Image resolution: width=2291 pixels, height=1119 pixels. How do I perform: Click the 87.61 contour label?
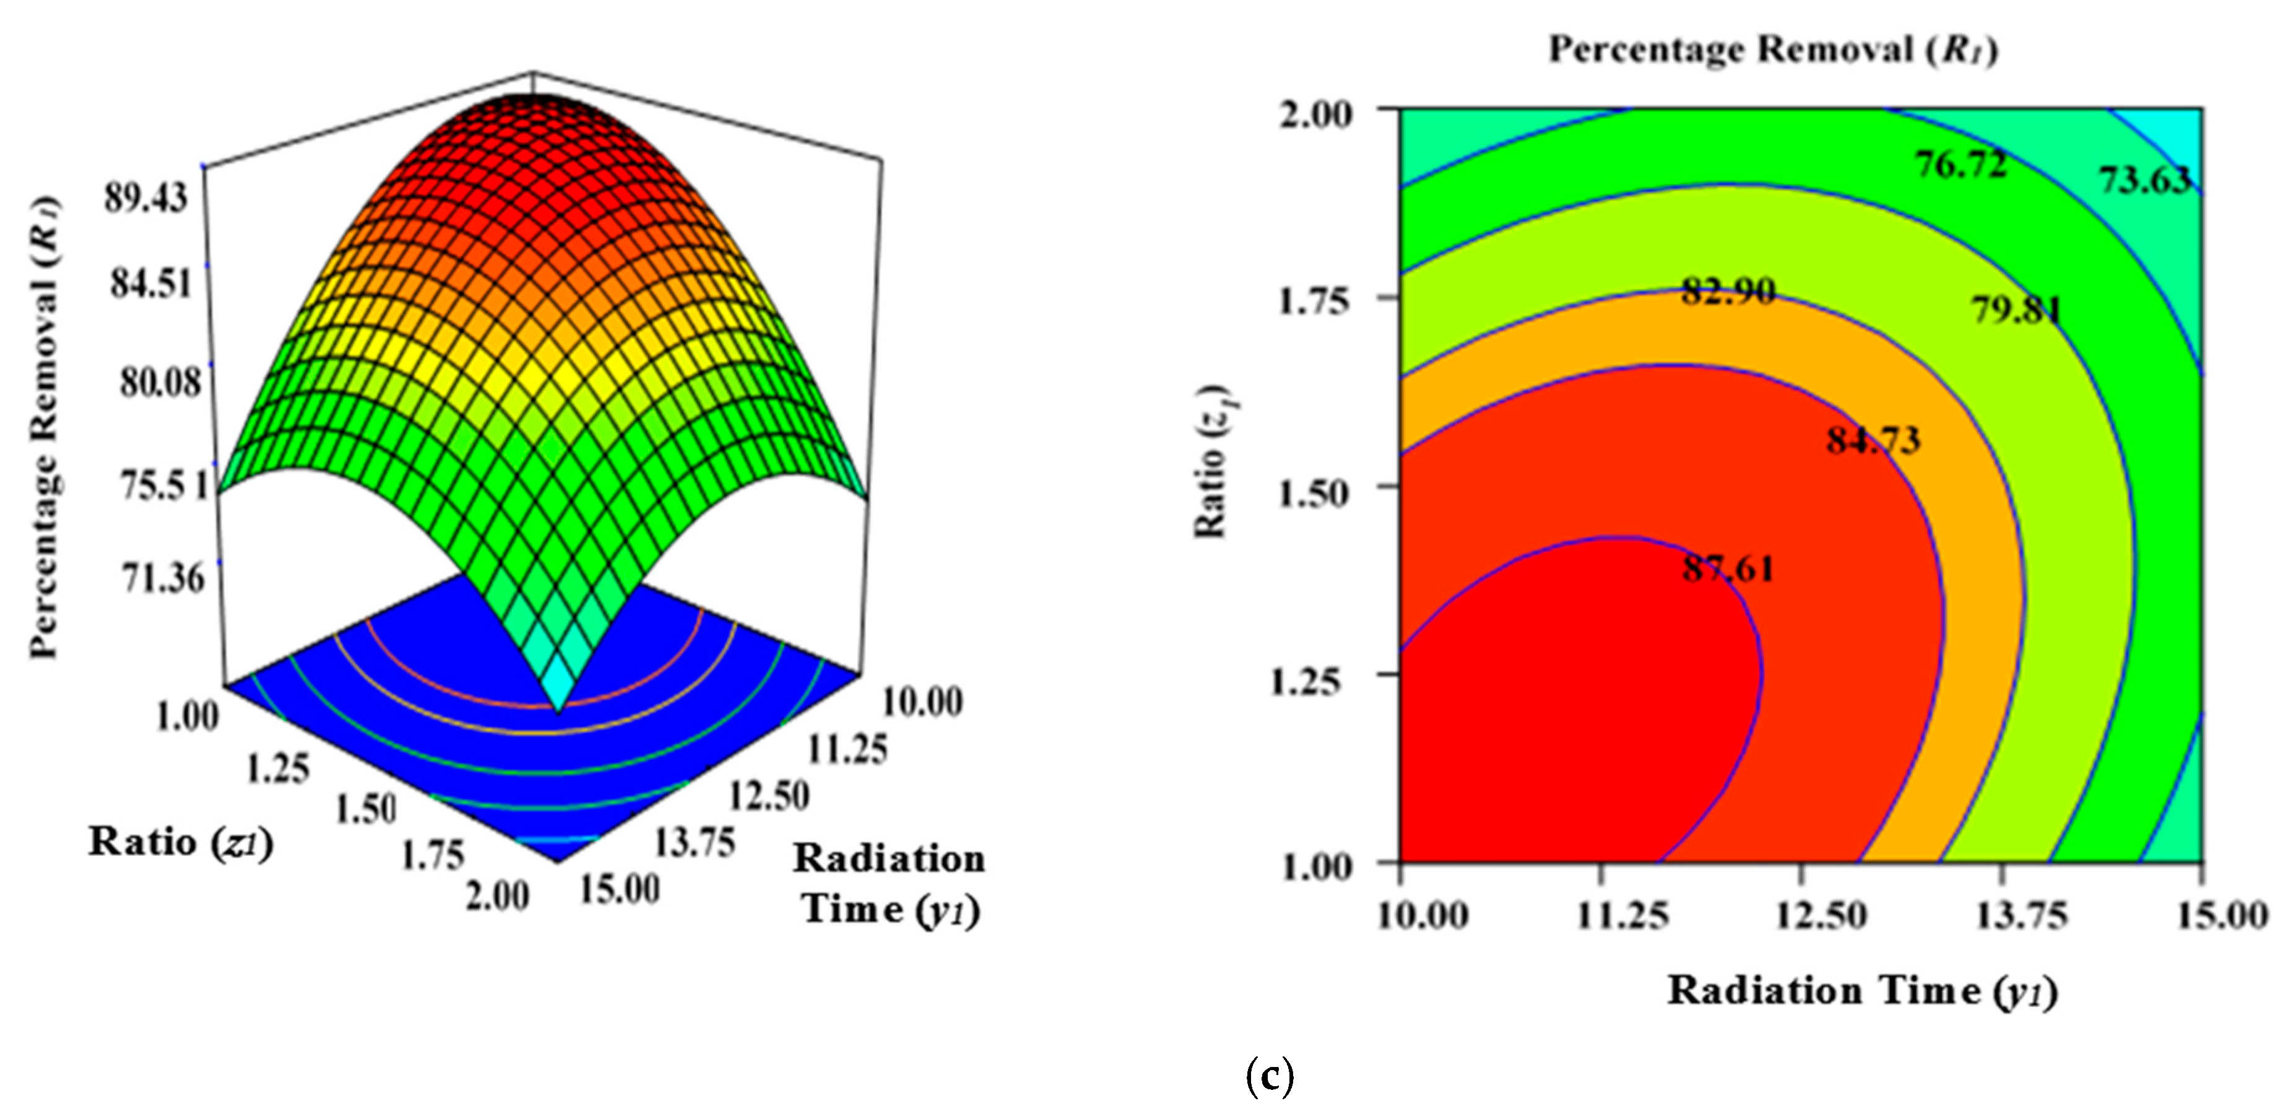pyautogui.click(x=1728, y=567)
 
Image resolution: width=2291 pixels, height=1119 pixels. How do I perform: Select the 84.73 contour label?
pyautogui.click(x=1874, y=440)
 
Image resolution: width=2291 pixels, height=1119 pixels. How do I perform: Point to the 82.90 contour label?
pyautogui.click(x=1728, y=291)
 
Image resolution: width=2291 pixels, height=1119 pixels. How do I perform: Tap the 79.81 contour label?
pyautogui.click(x=2016, y=310)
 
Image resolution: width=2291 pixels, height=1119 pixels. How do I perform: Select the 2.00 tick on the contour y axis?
pyautogui.click(x=1315, y=115)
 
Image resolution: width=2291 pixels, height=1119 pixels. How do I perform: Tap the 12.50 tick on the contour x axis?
pyautogui.click(x=1821, y=915)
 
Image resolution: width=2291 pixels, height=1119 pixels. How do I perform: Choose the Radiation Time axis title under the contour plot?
pyautogui.click(x=1862, y=991)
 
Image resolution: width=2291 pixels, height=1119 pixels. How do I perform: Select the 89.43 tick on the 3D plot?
pyautogui.click(x=147, y=198)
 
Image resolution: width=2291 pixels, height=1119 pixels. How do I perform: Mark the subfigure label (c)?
pyautogui.click(x=1270, y=1077)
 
